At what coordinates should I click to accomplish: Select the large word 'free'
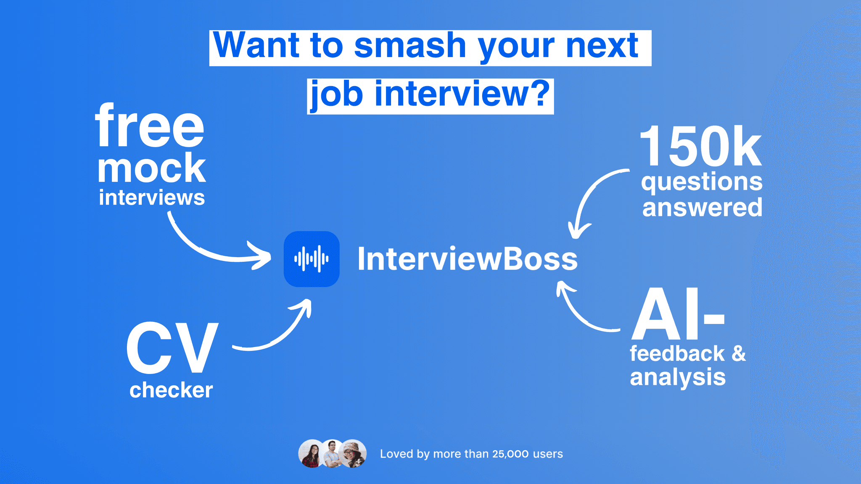[x=150, y=126]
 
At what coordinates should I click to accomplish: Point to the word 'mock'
[x=151, y=168]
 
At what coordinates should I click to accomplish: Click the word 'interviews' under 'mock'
[x=151, y=197]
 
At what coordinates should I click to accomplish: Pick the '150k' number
[x=700, y=146]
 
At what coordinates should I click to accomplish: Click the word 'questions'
[x=702, y=182]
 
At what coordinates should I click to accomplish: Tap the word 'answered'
[x=702, y=208]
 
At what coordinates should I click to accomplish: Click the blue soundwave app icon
[x=312, y=259]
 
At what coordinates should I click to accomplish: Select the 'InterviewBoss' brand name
[x=467, y=259]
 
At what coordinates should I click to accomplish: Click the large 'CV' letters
[x=172, y=348]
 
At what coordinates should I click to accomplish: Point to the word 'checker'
[x=171, y=390]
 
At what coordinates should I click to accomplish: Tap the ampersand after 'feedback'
[x=739, y=353]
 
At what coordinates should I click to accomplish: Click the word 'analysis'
[x=678, y=377]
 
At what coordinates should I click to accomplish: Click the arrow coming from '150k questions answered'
[x=589, y=197]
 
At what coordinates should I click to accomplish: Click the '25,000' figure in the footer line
[x=510, y=454]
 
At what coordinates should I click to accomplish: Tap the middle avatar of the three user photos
[x=332, y=454]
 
